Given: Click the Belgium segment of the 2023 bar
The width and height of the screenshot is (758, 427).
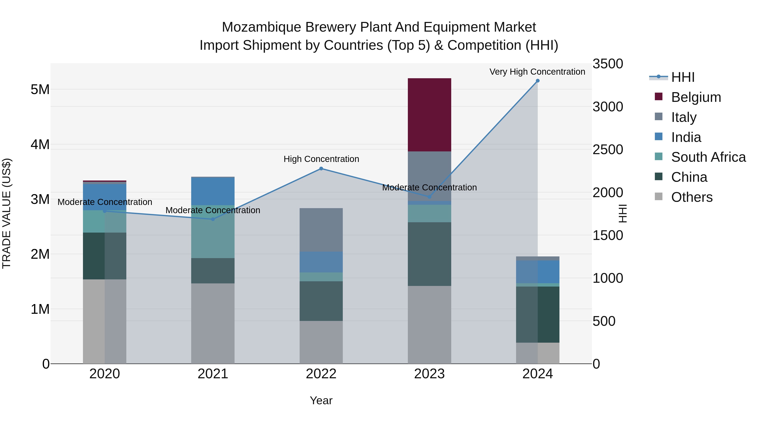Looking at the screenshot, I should click(x=429, y=115).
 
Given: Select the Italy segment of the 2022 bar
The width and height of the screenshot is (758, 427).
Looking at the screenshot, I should click(x=321, y=230).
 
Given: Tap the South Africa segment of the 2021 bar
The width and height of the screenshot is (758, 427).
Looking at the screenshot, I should click(x=213, y=232).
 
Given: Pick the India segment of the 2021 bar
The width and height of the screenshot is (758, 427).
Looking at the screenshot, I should click(x=213, y=191).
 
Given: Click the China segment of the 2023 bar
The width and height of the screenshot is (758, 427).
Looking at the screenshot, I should click(x=429, y=254).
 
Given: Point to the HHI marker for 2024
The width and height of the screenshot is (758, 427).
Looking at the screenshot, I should click(x=538, y=81).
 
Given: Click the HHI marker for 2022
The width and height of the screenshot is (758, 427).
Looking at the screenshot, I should click(x=321, y=168).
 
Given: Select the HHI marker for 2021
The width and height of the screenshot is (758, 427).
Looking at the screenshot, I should click(x=213, y=219).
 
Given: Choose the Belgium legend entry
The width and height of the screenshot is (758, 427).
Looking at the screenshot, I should click(x=696, y=97).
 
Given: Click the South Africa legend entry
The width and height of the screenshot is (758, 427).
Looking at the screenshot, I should click(x=708, y=157).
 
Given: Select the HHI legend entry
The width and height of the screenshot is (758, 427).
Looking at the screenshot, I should click(x=683, y=77).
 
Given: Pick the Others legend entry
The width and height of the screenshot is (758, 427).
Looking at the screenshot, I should click(x=691, y=197).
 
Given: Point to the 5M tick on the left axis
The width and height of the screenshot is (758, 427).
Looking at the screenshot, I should click(x=40, y=89).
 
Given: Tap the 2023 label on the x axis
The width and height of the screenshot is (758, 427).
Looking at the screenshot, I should click(x=429, y=374).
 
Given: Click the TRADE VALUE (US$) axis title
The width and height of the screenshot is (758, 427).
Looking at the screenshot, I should click(x=7, y=213).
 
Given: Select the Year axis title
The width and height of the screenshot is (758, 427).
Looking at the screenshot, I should click(x=321, y=400).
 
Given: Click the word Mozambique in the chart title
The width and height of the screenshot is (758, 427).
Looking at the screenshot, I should click(x=261, y=27).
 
